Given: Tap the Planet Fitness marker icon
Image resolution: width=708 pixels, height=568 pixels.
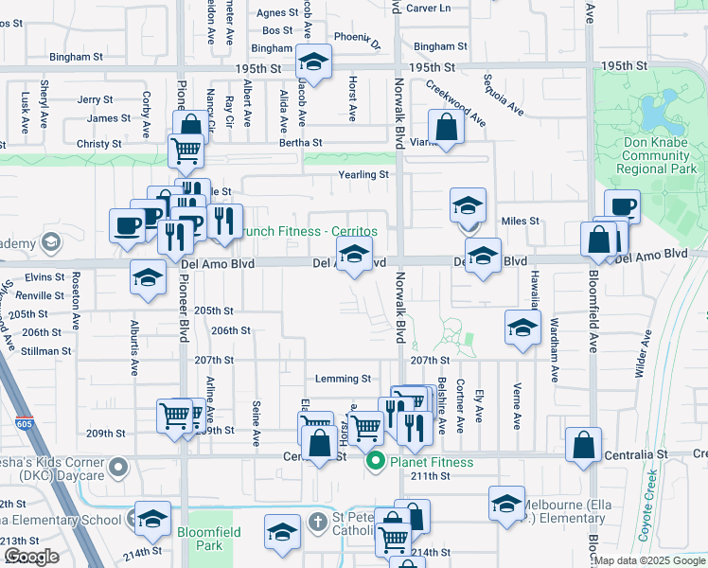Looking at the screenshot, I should [x=375, y=462].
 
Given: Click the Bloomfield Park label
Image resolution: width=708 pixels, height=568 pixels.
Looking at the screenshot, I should [x=209, y=539].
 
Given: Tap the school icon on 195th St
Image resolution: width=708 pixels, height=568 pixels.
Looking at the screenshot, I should [x=312, y=63].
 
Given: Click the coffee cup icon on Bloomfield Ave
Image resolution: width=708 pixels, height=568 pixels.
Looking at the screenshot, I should [x=623, y=206].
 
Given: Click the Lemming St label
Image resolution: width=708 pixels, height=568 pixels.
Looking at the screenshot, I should [x=343, y=379].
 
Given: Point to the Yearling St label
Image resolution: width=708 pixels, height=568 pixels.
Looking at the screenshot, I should [x=363, y=175].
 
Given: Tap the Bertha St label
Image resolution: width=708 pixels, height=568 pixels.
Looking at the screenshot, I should [x=300, y=143].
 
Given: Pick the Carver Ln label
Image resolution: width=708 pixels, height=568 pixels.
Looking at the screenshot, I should [x=428, y=8].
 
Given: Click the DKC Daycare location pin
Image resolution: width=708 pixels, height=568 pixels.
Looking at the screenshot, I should [x=117, y=467].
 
